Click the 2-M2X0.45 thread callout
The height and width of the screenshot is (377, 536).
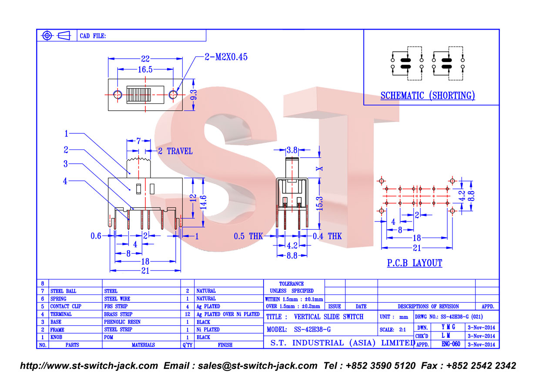click(226, 57)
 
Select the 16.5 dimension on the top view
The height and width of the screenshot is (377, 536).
click(145, 69)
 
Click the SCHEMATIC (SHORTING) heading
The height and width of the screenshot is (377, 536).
click(428, 96)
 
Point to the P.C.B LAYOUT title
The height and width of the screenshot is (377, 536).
click(415, 263)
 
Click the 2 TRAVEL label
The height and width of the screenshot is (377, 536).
click(175, 151)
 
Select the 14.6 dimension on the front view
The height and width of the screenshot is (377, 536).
click(203, 202)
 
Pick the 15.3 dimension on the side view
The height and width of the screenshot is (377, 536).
click(319, 204)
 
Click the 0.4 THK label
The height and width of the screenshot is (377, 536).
click(327, 236)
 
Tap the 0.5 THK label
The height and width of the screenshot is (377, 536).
click(248, 236)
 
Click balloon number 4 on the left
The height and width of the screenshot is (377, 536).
click(65, 181)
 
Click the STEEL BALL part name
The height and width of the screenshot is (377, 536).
click(63, 291)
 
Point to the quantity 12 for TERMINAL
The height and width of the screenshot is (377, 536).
click(188, 314)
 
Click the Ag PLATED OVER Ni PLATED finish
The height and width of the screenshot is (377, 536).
click(228, 314)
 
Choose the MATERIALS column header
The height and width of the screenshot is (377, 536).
click(143, 345)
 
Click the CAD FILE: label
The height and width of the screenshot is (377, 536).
click(93, 36)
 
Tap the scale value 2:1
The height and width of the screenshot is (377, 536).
click(402, 330)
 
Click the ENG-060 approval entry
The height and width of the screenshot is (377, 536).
click(451, 344)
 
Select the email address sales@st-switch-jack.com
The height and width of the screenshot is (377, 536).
click(258, 366)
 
